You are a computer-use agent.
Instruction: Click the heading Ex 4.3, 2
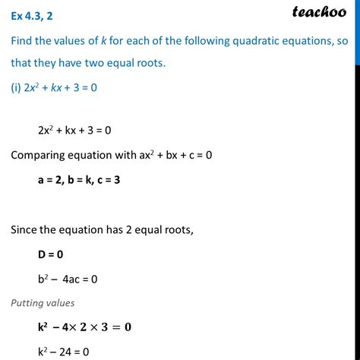point(39,11)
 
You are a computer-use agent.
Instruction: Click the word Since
point(26,224)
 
